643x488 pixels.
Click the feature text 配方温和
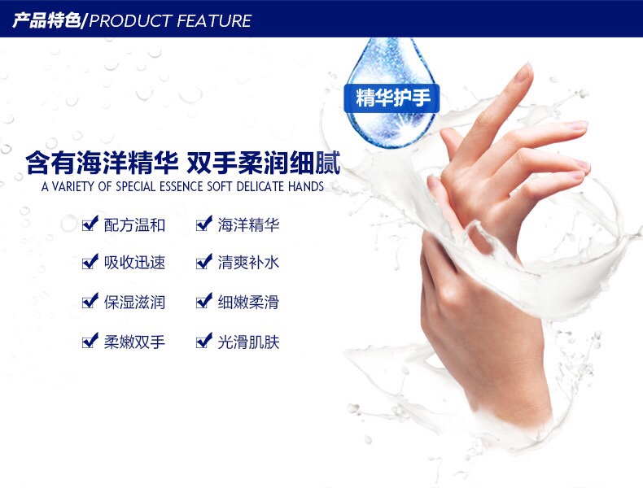click(134, 225)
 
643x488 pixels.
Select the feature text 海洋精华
click(248, 225)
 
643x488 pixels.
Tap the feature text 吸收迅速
click(134, 263)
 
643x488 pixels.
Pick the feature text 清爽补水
click(248, 263)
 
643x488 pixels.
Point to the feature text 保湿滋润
click(134, 303)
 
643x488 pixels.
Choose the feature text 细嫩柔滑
click(248, 303)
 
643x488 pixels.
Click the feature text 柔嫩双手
click(134, 342)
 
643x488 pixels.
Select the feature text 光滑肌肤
click(248, 342)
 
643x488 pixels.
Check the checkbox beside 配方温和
click(90, 224)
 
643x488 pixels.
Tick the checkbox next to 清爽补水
click(204, 261)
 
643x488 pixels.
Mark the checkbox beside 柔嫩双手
click(90, 341)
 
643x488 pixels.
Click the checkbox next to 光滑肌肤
click(204, 341)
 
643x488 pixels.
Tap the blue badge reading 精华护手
click(391, 98)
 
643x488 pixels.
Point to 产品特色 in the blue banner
click(46, 20)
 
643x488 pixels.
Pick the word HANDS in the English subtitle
click(306, 187)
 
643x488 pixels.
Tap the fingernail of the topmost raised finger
click(523, 73)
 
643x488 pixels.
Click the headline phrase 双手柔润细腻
click(263, 163)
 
